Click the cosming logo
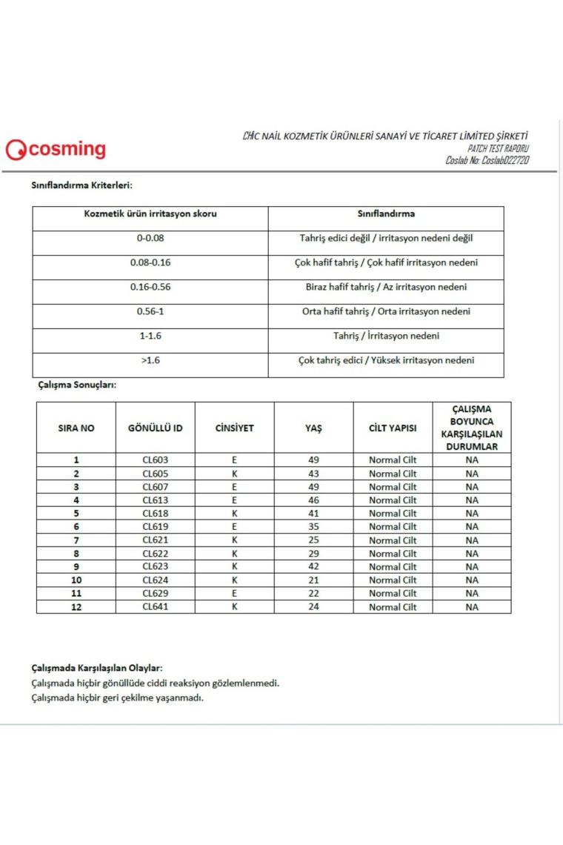point(56,150)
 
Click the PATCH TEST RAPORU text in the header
point(499,148)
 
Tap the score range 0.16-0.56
point(150,287)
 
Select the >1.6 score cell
point(150,360)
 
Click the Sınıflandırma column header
point(386,213)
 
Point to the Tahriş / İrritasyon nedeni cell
point(386,336)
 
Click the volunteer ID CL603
point(156,460)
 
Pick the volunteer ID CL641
point(156,607)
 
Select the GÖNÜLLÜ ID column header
point(156,428)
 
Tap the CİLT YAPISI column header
point(393,428)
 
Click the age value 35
point(313,526)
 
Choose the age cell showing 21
point(313,580)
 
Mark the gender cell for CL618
point(234,513)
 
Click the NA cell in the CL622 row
point(472,553)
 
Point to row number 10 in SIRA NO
point(76,580)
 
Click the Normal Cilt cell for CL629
point(393,593)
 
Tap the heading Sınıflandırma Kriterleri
point(81,185)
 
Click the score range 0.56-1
point(150,311)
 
